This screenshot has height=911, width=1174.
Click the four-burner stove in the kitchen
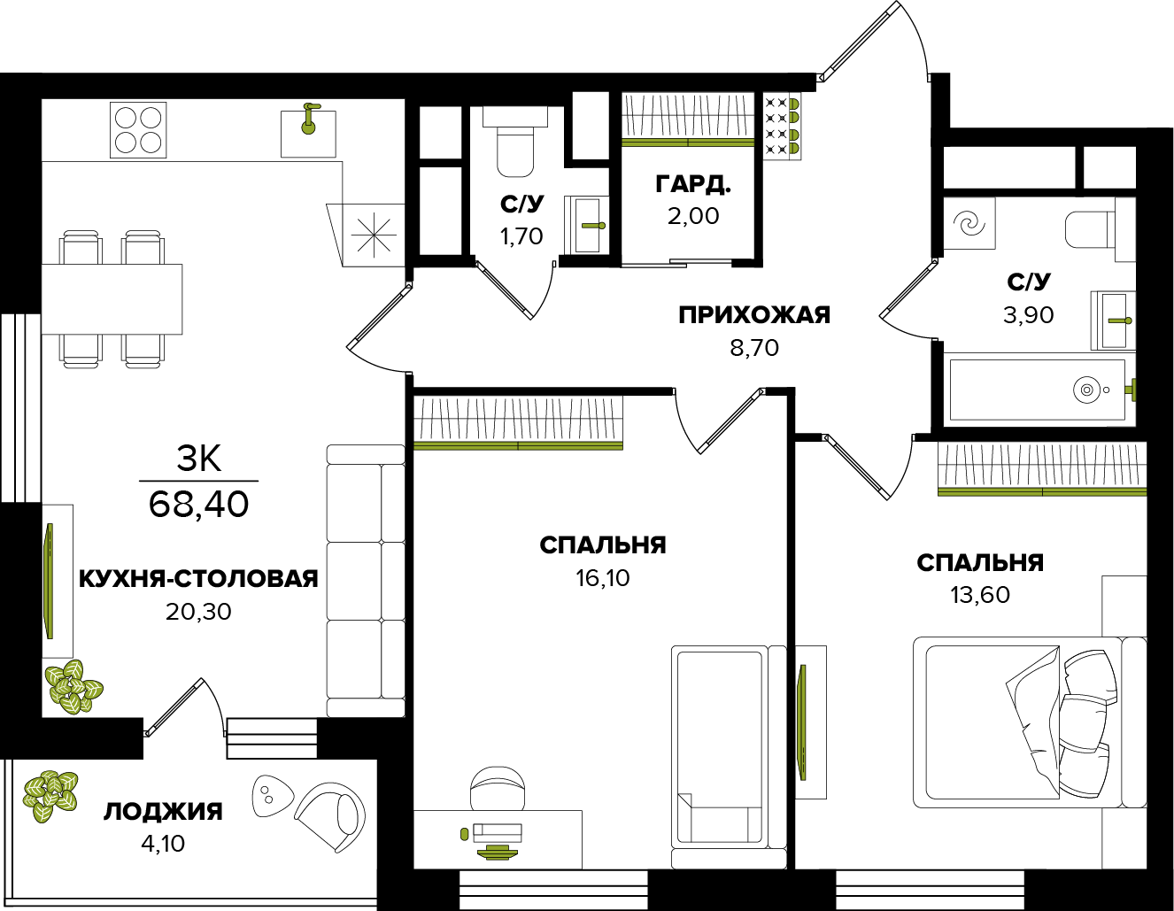coord(138,130)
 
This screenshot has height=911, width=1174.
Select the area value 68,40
coord(198,505)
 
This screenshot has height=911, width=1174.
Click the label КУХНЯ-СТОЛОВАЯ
coord(198,579)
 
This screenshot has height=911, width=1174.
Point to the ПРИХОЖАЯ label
coord(754,315)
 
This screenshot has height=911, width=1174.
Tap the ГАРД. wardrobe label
coord(692,184)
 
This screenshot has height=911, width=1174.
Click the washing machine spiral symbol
coord(970,223)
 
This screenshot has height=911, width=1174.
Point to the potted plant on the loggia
coord(50,794)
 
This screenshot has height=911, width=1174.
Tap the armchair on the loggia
coord(331,813)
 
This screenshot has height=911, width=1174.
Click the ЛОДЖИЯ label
coord(163,812)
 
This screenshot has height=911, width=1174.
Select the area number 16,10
coord(602,579)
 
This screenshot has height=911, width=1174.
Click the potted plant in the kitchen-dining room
coord(72,686)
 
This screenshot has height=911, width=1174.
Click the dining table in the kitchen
coord(112,298)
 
